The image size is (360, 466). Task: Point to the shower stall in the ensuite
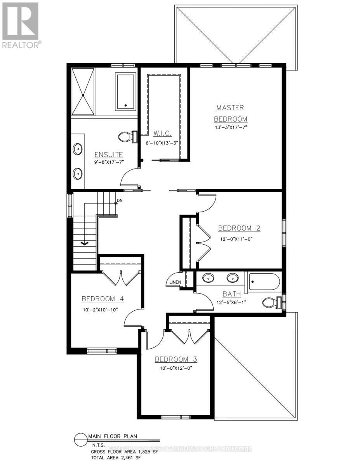pos(83,91)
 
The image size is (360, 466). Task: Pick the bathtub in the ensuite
pos(125,92)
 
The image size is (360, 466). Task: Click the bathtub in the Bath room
pos(264,282)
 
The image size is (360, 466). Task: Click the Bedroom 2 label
pos(239,228)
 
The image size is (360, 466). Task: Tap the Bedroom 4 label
pos(103,299)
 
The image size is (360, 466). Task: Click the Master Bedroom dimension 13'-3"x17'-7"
pos(231,127)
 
